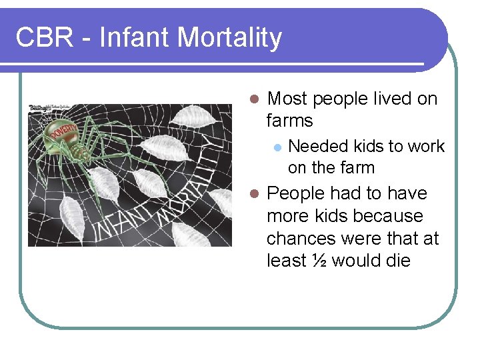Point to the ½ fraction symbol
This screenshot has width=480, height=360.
pos(319,260)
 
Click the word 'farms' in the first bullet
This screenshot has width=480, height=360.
pos(289,121)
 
